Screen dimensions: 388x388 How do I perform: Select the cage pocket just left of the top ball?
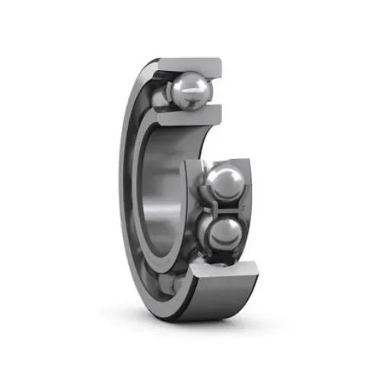[162, 96]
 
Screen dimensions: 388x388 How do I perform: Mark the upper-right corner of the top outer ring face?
[220, 60]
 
